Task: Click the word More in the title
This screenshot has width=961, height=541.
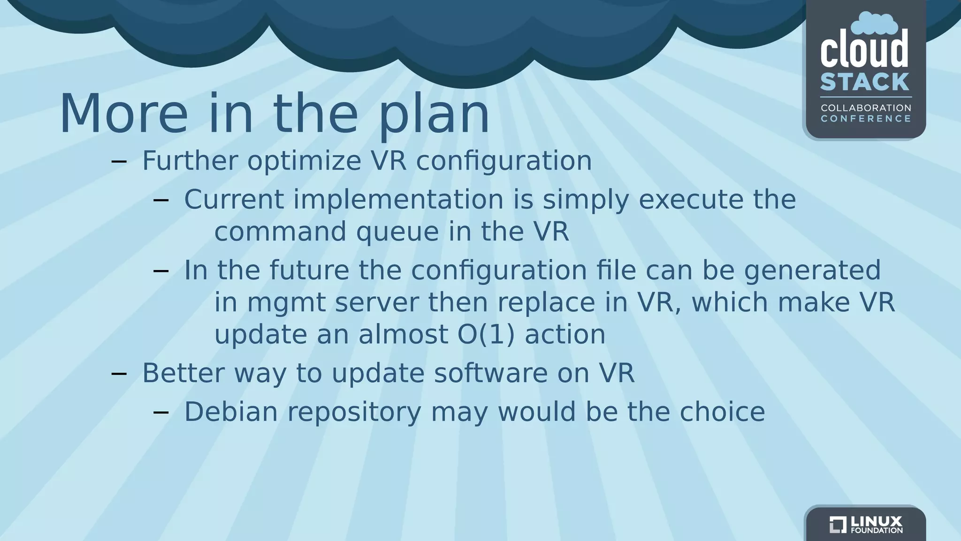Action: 123,114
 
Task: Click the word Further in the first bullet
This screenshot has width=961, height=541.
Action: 190,161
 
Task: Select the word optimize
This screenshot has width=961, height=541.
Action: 304,162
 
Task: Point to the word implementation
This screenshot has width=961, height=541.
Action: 398,200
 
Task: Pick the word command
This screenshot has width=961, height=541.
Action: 280,232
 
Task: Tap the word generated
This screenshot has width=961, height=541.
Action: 812,271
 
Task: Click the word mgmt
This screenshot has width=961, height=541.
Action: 286,303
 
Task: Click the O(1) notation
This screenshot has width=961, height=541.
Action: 486,335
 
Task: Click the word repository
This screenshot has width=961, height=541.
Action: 354,413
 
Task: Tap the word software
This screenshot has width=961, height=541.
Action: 490,373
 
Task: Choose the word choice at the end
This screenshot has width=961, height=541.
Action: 722,412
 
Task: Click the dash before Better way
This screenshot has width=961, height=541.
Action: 119,374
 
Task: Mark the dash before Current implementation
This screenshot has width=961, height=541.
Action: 161,201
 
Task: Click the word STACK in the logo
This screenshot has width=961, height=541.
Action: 865,82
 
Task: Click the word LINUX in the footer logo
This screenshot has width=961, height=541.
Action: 876,521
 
